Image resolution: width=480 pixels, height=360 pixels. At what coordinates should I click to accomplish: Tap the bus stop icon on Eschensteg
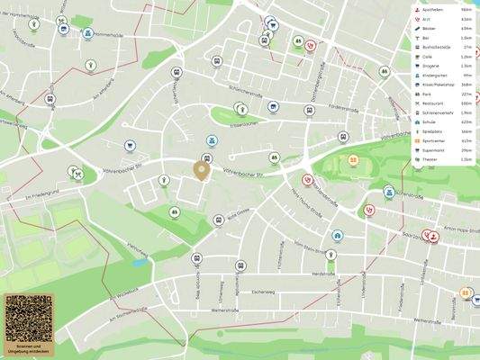240,266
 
